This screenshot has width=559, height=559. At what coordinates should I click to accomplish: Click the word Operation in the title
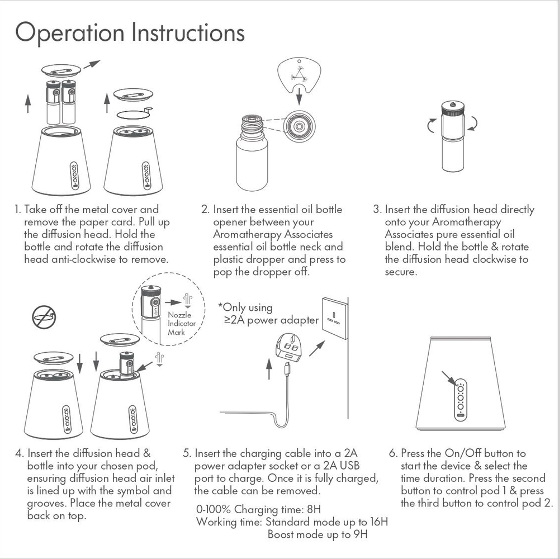click(x=70, y=32)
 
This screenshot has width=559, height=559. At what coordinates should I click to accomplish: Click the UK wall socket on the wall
click(x=334, y=318)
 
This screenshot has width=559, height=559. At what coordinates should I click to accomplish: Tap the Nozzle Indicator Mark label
click(x=180, y=324)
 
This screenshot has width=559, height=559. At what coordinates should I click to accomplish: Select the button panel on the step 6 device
click(x=461, y=400)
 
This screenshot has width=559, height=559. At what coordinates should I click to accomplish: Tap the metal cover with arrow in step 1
click(x=61, y=71)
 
